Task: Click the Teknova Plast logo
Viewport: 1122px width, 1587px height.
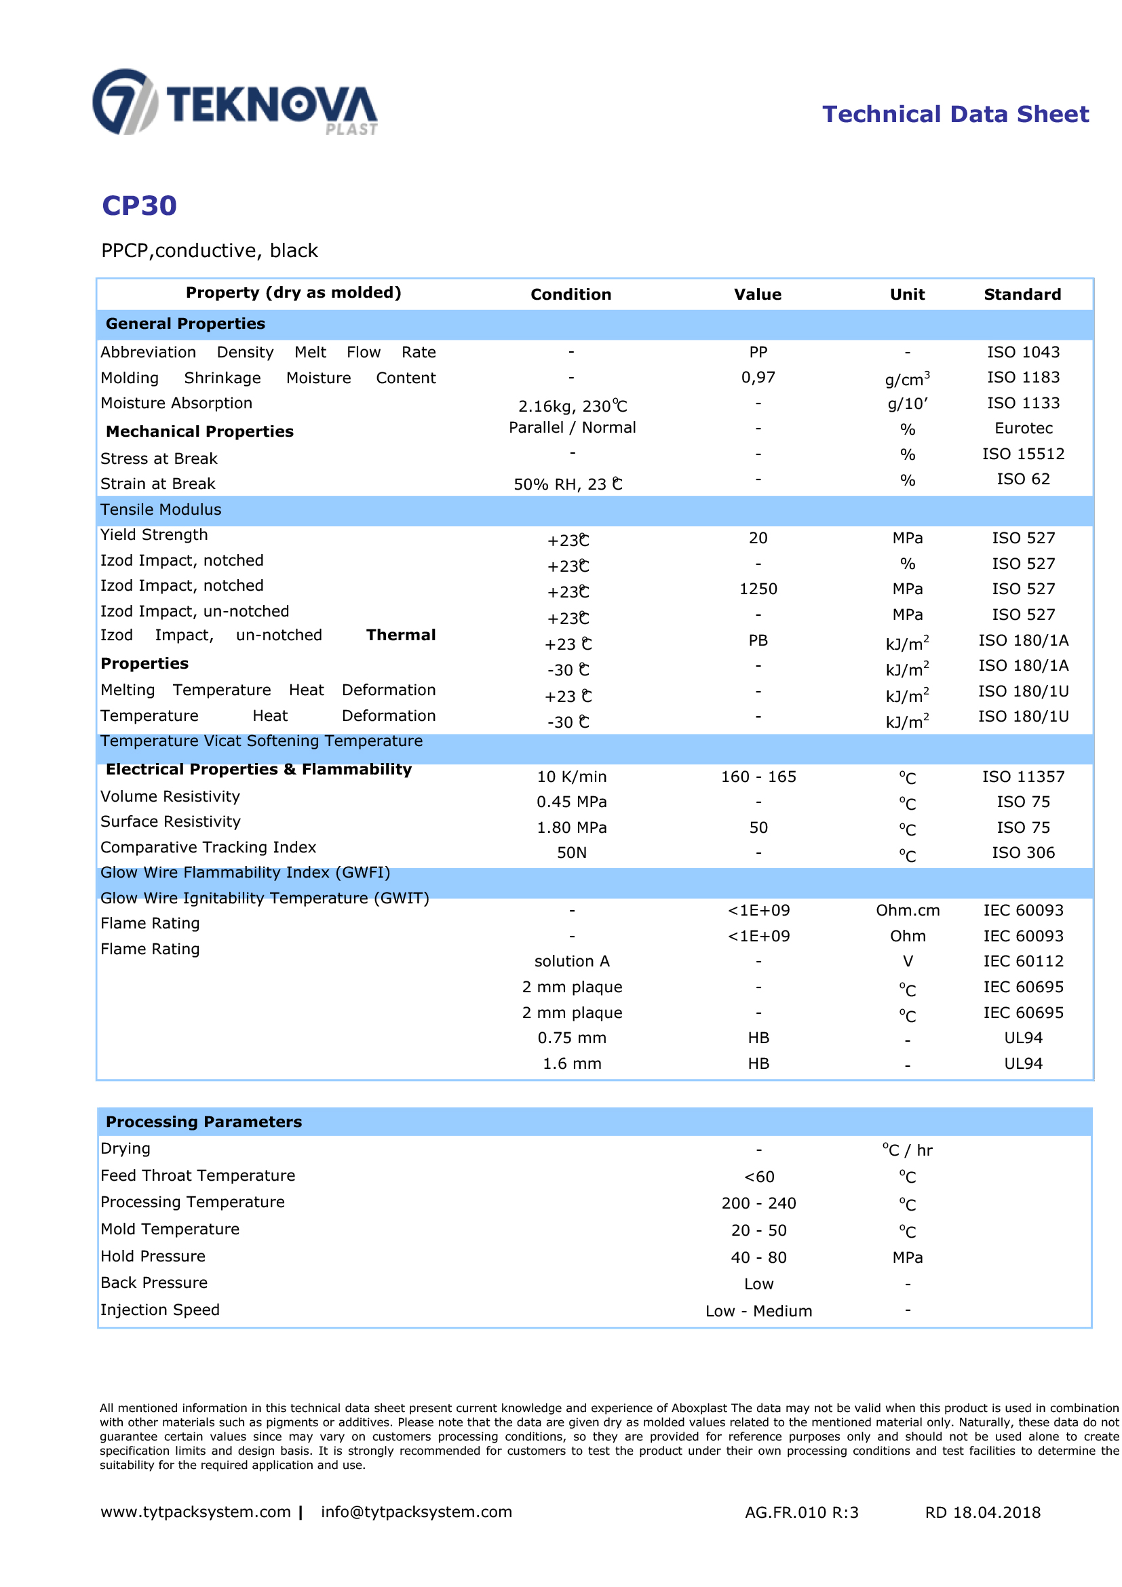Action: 235,102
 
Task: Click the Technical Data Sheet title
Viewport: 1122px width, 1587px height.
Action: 954,114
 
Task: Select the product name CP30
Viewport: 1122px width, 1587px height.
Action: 139,206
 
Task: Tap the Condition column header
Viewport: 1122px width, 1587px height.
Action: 570,294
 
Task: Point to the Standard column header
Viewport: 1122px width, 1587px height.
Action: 1022,294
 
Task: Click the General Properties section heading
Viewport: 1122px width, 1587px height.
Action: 185,324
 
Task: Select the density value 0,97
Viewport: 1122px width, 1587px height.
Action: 758,377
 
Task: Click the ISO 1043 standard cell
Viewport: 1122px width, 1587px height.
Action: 1022,352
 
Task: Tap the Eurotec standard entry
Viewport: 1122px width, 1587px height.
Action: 1023,429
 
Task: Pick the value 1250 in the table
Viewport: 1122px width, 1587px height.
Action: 758,589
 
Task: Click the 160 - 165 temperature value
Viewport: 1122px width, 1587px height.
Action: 758,777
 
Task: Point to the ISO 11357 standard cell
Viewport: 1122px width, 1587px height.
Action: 1023,777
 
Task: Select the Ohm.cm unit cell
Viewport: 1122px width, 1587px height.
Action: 907,910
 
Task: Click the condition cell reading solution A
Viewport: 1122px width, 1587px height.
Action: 572,962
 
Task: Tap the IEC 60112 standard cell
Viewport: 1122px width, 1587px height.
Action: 1023,962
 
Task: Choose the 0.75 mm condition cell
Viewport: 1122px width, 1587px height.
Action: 572,1038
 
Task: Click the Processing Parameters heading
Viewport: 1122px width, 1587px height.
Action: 204,1122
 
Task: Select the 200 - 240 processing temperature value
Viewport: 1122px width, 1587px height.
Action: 758,1203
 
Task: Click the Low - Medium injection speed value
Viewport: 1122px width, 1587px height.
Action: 758,1311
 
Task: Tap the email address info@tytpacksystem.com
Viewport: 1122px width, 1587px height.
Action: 416,1512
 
